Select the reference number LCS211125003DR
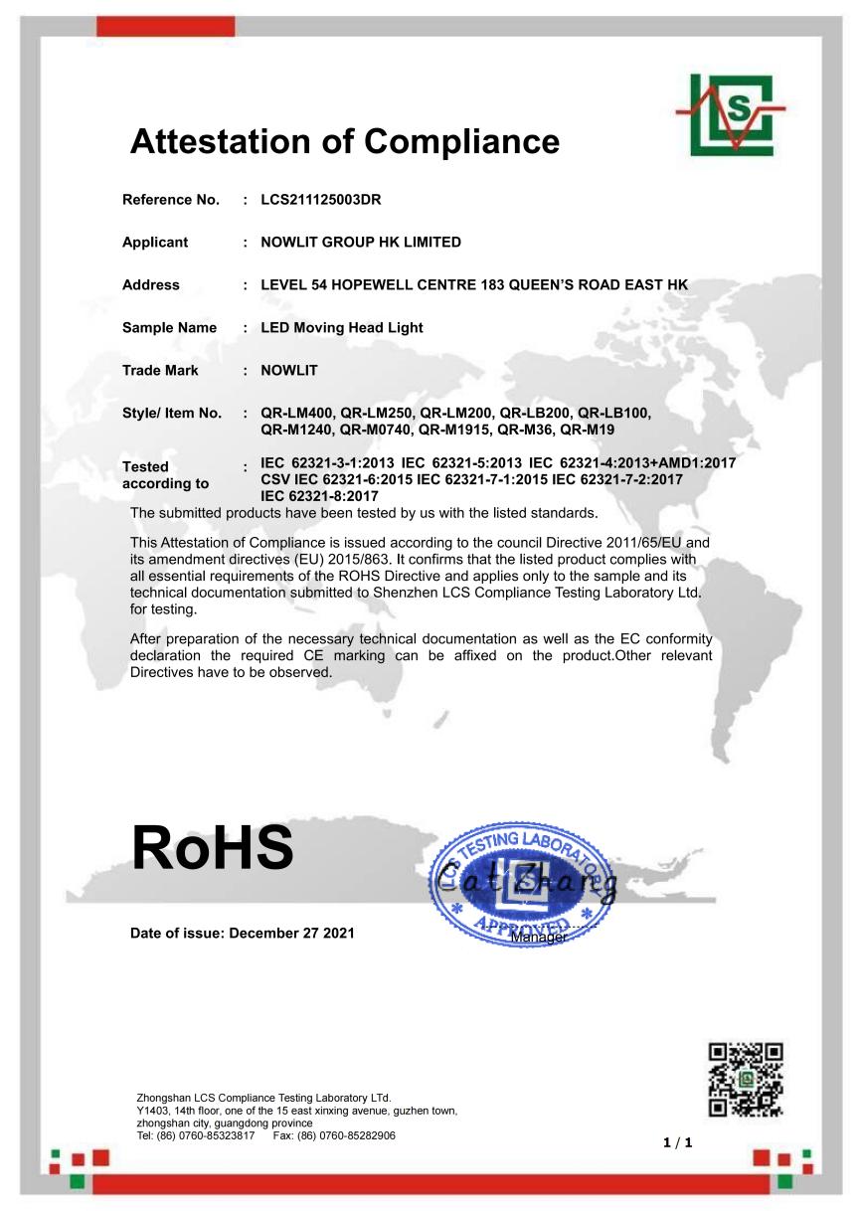321,200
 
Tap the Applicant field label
155,243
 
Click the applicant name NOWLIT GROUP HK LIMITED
361,243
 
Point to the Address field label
151,285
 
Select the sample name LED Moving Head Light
342,328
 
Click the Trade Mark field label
160,371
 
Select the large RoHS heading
212,847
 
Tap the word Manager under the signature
539,937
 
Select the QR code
746,1079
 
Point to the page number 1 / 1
678,1142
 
